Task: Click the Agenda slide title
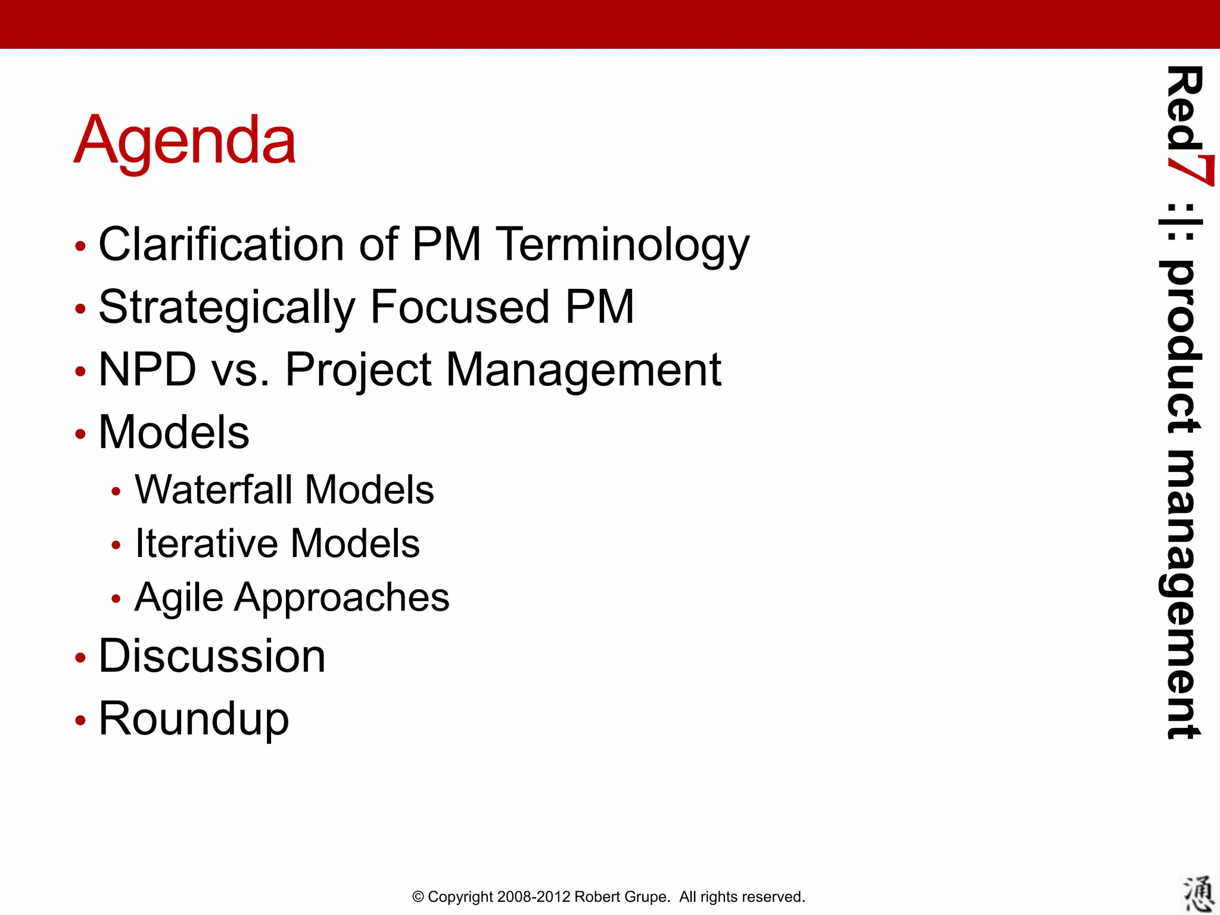point(185,141)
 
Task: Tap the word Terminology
point(623,245)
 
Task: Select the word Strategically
point(227,308)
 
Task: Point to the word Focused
point(459,307)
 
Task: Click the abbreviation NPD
point(147,369)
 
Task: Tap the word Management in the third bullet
point(583,371)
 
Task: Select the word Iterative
point(206,543)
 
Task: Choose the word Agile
point(178,597)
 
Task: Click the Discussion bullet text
point(211,656)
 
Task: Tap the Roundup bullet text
point(194,719)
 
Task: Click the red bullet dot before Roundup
point(80,721)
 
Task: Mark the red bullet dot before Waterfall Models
point(116,492)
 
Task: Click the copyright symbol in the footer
point(418,897)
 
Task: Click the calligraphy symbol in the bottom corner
point(1198,894)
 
